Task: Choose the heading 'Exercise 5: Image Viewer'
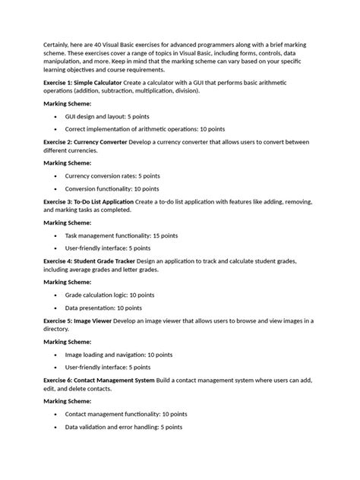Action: click(x=77, y=321)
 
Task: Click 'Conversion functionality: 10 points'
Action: click(x=112, y=188)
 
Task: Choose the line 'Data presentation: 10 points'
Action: click(x=103, y=308)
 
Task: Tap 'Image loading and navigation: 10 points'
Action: click(x=119, y=354)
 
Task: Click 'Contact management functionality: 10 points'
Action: click(x=125, y=414)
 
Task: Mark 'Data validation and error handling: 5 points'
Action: click(x=123, y=427)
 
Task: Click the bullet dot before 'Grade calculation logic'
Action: click(x=56, y=295)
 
